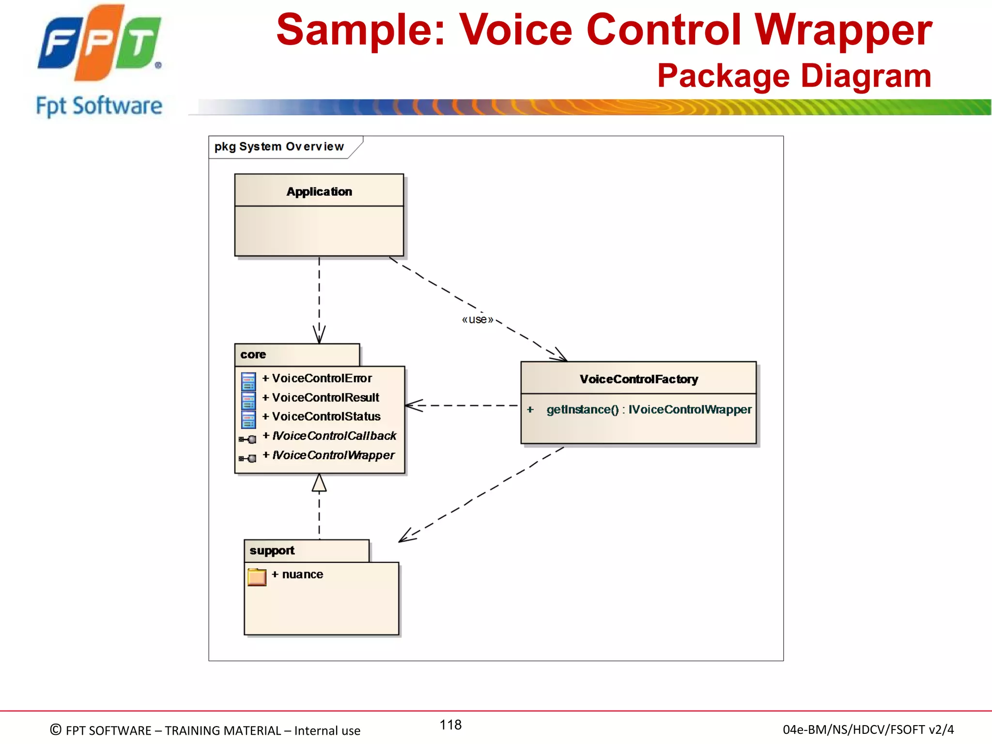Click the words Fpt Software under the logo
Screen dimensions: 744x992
[x=99, y=106]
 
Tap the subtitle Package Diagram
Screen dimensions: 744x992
[x=794, y=76]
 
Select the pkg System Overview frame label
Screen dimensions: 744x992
[x=279, y=146]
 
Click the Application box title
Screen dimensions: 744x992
[x=319, y=191]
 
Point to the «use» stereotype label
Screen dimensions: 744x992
[x=477, y=319]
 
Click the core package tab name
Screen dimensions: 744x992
[x=253, y=355]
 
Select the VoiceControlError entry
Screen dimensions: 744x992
[x=322, y=378]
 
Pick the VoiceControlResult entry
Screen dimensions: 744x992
[x=325, y=398]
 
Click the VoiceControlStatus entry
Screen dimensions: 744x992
[x=326, y=417]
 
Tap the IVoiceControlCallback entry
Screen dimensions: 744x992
[x=334, y=436]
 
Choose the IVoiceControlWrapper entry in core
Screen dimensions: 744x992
[x=333, y=455]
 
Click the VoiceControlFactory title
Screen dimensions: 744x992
[x=638, y=379]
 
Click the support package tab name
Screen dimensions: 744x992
[x=272, y=551]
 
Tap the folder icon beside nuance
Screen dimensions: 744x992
[x=257, y=577]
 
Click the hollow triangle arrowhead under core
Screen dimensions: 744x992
[x=319, y=483]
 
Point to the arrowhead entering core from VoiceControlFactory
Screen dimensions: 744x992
[x=413, y=405]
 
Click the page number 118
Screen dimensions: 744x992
[x=450, y=725]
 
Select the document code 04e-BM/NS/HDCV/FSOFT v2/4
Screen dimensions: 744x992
[x=868, y=729]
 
